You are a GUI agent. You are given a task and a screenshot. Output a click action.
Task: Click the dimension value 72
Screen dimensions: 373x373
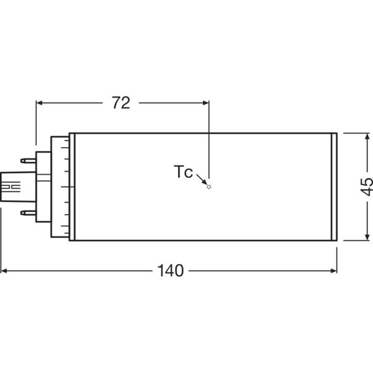(121, 103)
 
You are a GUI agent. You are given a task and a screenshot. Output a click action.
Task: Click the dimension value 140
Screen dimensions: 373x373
(171, 271)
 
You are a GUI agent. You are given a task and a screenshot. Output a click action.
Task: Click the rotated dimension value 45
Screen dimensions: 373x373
(367, 186)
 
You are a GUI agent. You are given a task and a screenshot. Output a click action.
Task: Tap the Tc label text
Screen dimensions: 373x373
(183, 172)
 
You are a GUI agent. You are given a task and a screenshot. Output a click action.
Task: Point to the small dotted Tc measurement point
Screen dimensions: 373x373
(209, 186)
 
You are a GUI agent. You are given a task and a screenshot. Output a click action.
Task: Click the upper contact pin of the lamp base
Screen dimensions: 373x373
(28, 161)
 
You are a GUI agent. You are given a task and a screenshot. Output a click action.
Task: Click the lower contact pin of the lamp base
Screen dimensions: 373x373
(28, 213)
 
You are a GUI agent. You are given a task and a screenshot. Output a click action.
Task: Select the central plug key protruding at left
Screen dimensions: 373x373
(18, 186)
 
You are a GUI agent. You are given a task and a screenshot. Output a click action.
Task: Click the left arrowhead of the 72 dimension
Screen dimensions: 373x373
(39, 103)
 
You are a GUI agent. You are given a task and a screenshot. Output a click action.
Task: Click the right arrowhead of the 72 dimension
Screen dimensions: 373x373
(206, 103)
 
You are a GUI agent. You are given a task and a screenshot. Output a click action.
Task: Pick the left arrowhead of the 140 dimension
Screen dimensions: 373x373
(4, 271)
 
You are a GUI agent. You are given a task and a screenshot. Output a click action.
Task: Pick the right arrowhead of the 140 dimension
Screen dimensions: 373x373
(334, 271)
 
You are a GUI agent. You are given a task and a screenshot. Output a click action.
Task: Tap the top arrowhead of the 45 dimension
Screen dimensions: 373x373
(367, 136)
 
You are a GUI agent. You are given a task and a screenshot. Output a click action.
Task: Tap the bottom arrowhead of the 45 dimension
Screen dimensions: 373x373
(367, 237)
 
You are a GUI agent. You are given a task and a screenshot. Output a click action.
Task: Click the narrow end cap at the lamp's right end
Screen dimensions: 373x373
(334, 186)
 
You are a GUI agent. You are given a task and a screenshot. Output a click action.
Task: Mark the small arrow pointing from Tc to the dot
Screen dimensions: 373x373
(202, 179)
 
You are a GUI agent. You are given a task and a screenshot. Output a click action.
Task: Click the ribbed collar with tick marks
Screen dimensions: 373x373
(60, 186)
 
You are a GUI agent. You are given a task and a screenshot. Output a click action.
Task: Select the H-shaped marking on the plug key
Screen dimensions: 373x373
(11, 186)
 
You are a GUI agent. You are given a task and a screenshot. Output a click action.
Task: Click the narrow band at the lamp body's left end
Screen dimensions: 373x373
(72, 186)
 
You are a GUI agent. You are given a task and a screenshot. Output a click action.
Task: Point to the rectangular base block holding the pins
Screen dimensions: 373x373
(44, 186)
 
